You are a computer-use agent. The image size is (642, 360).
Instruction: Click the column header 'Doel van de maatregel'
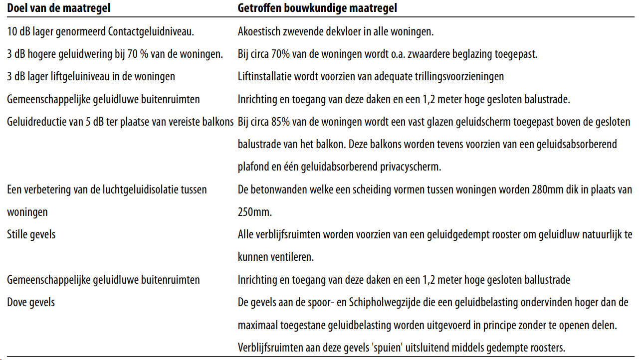(x=59, y=8)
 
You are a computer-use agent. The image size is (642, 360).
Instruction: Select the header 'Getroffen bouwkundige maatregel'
(x=317, y=8)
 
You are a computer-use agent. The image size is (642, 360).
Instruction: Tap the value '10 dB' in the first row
(x=19, y=32)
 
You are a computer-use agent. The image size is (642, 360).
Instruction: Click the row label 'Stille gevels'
(x=31, y=234)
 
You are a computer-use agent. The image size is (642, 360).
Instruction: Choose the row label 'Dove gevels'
(x=31, y=302)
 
